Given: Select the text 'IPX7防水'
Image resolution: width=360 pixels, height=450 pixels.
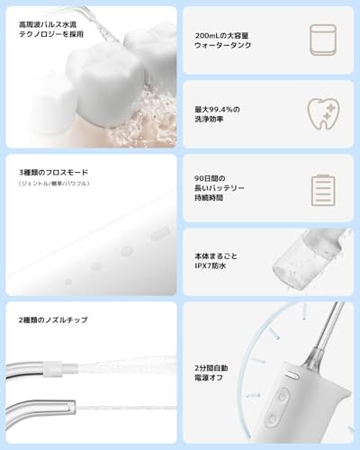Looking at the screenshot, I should tap(214, 267).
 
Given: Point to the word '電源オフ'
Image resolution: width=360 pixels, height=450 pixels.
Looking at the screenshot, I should tap(213, 379).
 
